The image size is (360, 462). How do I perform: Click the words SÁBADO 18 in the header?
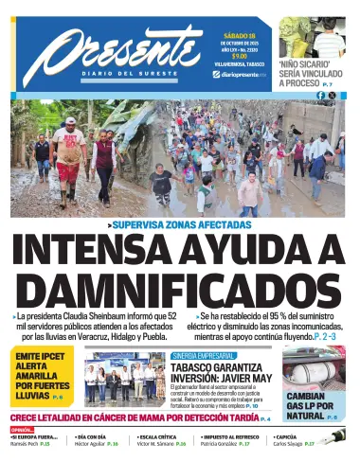click(x=238, y=33)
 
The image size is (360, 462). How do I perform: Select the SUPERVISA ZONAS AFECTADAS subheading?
click(x=180, y=223)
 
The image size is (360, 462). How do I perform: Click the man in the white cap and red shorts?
click(x=69, y=151)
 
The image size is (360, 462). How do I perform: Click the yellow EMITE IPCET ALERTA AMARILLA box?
click(x=42, y=377)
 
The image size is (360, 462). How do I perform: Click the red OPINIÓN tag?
click(x=22, y=429)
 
